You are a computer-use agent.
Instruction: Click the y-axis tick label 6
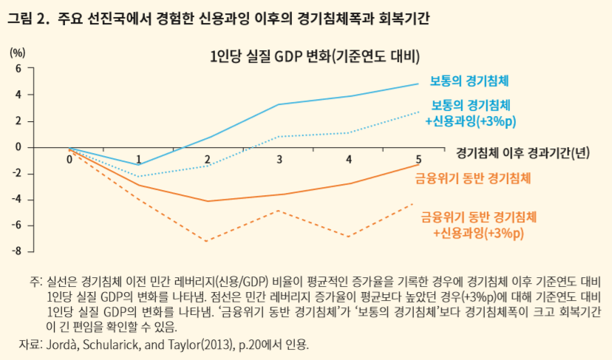[x=21, y=68]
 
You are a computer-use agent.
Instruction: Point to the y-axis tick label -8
[x=18, y=251]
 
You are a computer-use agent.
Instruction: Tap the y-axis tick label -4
[x=18, y=200]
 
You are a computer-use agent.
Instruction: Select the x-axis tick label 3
[x=279, y=159]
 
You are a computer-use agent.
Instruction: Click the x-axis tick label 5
[x=419, y=159]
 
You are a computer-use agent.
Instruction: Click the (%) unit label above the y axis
[x=18, y=52]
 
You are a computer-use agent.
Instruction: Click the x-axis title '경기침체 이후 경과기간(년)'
[x=522, y=152]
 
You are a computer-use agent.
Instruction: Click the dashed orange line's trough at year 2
[x=208, y=241]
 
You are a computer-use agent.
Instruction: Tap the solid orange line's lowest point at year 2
[x=208, y=201]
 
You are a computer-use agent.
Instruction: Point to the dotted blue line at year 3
[x=278, y=136]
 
